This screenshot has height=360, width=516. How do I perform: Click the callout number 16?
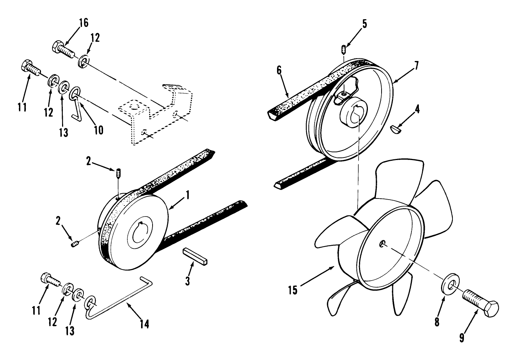pos(83,23)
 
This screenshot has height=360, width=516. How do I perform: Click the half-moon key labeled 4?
pos(396,129)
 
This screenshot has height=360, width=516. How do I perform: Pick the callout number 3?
pos(188,281)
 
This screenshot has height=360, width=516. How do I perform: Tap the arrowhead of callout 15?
pos(335,267)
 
